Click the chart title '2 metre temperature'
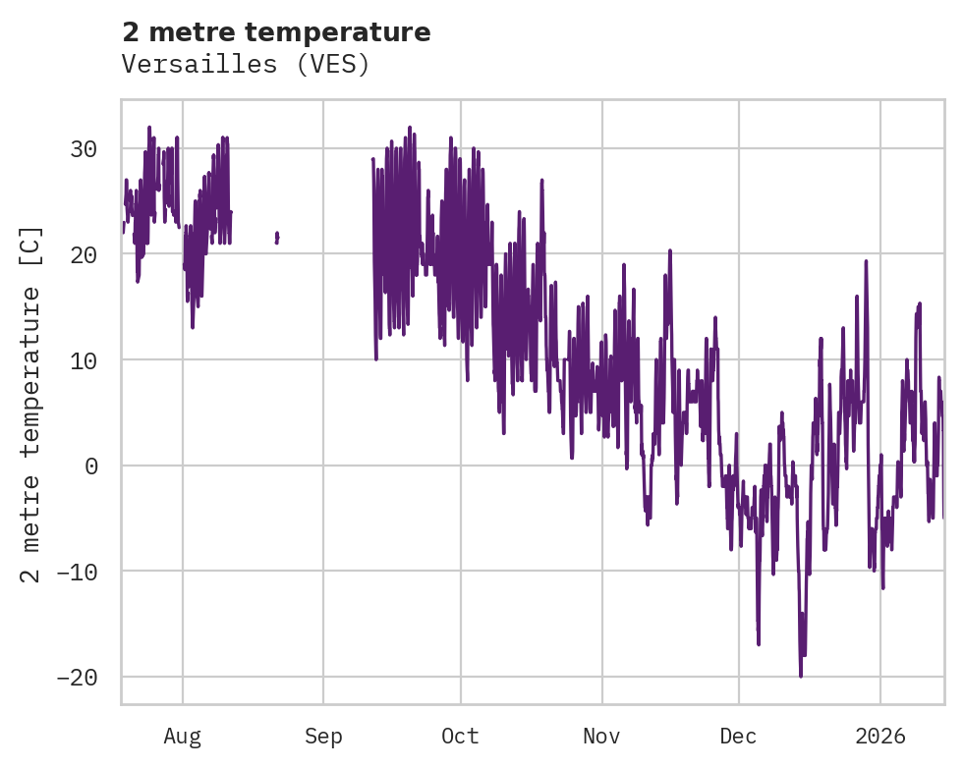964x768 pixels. (276, 32)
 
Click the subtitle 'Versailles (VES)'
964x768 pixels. (246, 65)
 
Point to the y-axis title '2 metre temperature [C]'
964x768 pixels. (32, 404)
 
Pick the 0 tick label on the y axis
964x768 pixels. (91, 466)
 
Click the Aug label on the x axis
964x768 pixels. (183, 736)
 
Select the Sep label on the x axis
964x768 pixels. (323, 736)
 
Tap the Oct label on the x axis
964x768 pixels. (460, 736)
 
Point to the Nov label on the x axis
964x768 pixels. (601, 736)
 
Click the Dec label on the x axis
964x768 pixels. (738, 736)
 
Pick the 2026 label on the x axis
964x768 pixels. (880, 736)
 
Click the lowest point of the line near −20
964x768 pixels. (801, 676)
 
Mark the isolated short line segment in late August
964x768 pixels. (277, 237)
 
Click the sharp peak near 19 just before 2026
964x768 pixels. (866, 261)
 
